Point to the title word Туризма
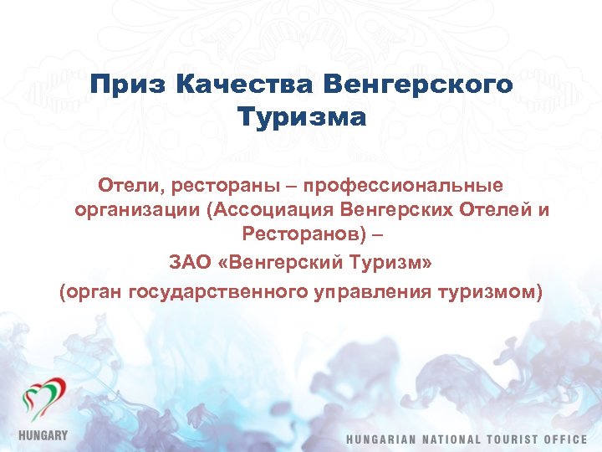pyautogui.click(x=301, y=117)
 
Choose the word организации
pyautogui.click(x=135, y=210)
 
